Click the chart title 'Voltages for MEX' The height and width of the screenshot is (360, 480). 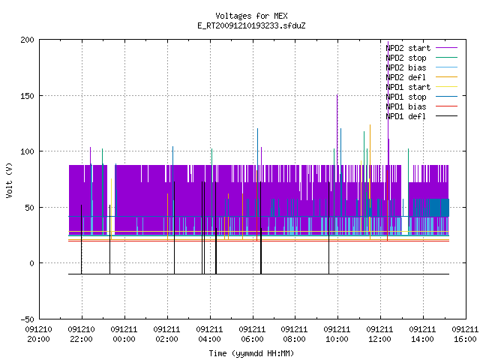[x=251, y=16]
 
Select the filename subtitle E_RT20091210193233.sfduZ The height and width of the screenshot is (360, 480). [x=251, y=25]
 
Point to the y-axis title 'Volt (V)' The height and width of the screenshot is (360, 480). [x=9, y=180]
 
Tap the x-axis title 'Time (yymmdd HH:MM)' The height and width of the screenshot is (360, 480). [x=251, y=353]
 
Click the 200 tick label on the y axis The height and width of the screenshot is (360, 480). [x=27, y=40]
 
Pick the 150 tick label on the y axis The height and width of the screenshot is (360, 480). [x=27, y=96]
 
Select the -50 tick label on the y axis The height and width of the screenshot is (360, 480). [x=27, y=319]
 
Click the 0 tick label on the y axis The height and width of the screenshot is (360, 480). [x=31, y=263]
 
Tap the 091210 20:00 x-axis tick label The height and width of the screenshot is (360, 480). [x=38, y=334]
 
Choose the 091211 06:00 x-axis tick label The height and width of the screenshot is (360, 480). [x=252, y=334]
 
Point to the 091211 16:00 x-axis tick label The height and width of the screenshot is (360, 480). [x=465, y=334]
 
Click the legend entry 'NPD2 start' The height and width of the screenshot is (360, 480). [x=421, y=48]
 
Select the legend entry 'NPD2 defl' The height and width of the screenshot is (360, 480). [x=421, y=77]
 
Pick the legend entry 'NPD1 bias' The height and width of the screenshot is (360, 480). [x=421, y=106]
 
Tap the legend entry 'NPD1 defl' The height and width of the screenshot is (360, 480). [x=421, y=116]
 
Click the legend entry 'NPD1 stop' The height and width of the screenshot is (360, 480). [x=421, y=97]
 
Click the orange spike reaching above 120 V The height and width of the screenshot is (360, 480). [x=370, y=153]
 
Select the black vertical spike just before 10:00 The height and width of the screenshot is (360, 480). [x=329, y=228]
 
